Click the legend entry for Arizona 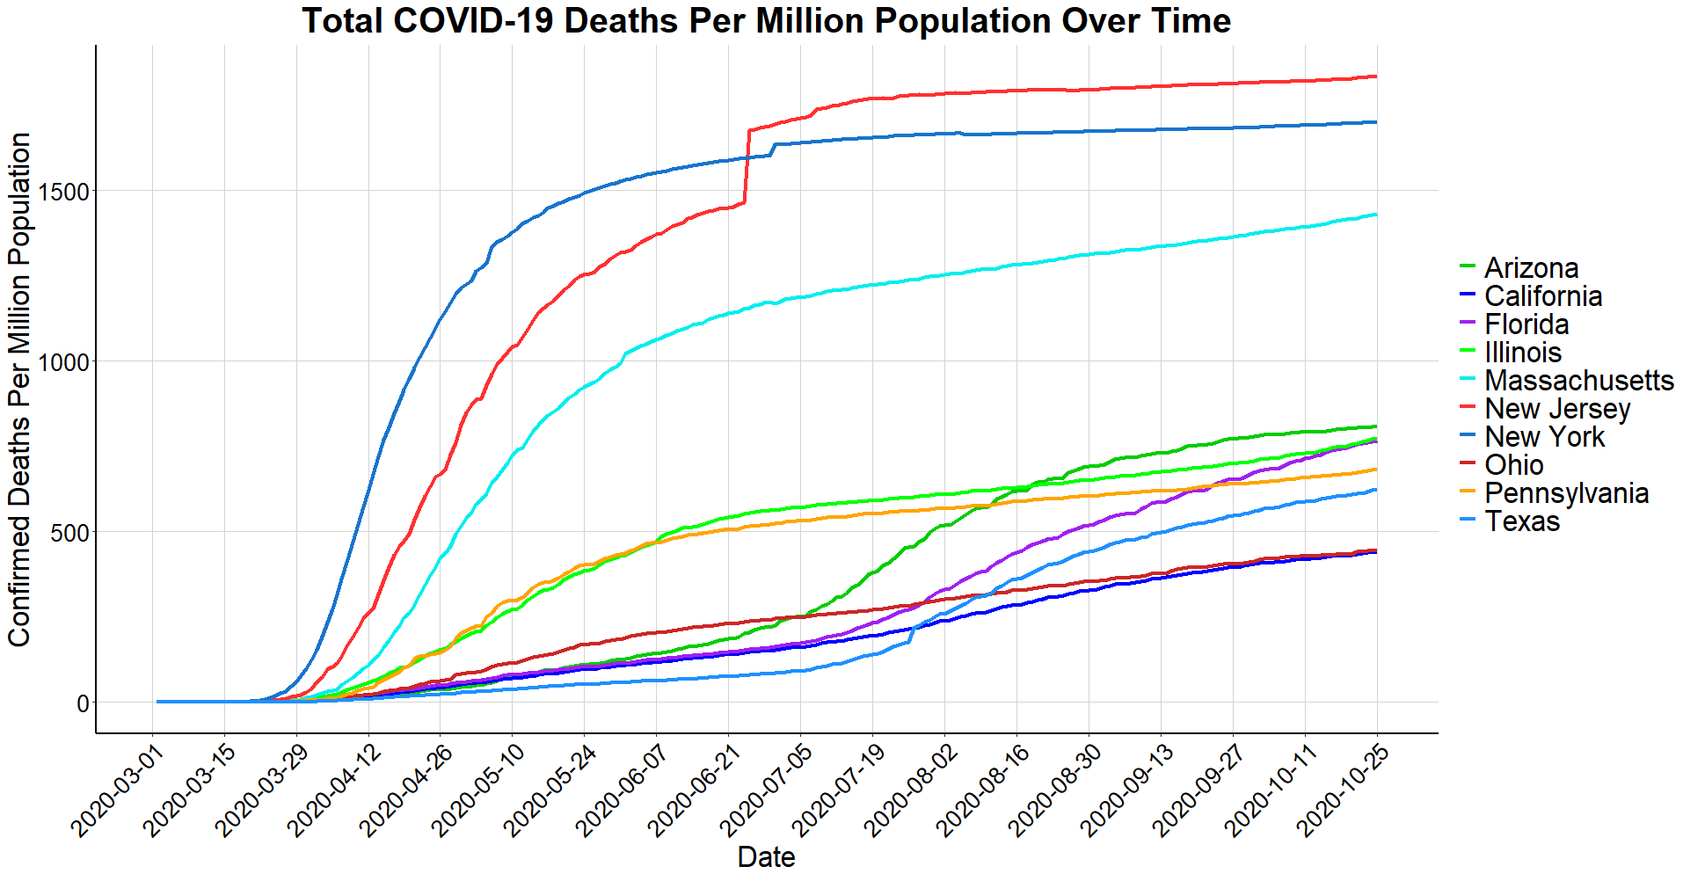[x=1531, y=268]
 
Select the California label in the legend [x=1542, y=296]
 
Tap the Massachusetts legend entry [x=1578, y=381]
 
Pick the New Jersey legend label [x=1557, y=409]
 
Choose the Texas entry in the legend [x=1522, y=521]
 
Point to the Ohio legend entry [x=1513, y=465]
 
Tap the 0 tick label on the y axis [x=83, y=703]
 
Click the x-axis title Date [x=766, y=856]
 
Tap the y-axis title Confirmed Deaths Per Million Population [x=19, y=390]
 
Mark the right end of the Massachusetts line [x=1376, y=215]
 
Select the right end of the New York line [x=1376, y=122]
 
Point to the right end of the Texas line [x=1376, y=490]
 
